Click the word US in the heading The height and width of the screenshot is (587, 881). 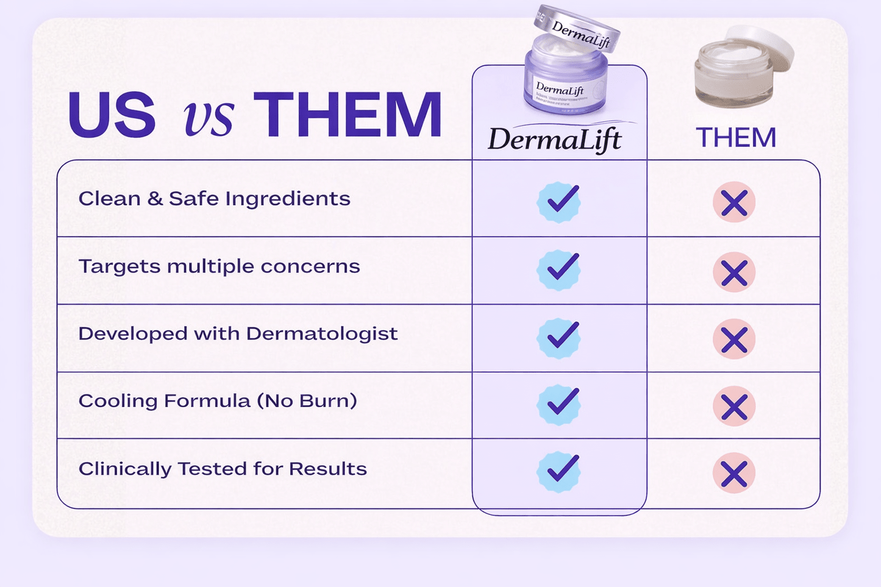pyautogui.click(x=112, y=115)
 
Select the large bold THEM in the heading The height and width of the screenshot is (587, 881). pyautogui.click(x=348, y=115)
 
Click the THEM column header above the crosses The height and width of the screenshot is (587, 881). pyautogui.click(x=736, y=138)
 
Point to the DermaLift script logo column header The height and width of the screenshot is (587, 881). pyautogui.click(x=555, y=139)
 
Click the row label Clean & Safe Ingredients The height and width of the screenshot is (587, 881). pyautogui.click(x=215, y=199)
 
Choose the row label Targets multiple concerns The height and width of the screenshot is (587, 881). pyautogui.click(x=219, y=266)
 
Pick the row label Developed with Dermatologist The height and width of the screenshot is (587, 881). pyautogui.click(x=238, y=333)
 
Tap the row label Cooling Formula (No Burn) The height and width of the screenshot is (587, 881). pyautogui.click(x=218, y=401)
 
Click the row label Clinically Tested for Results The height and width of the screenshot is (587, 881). pyautogui.click(x=223, y=469)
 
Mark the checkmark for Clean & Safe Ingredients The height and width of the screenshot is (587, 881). pyautogui.click(x=559, y=202)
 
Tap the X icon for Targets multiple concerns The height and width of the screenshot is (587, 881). pyautogui.click(x=734, y=272)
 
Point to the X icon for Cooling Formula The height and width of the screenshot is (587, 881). pyautogui.click(x=734, y=407)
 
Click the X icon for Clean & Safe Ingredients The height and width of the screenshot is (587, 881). pyautogui.click(x=734, y=202)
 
